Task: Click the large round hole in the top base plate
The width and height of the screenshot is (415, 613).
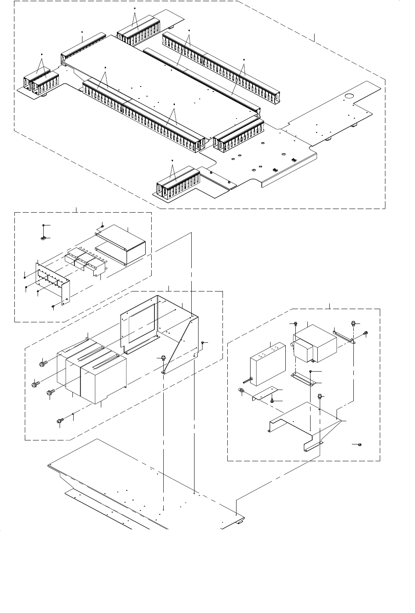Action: pyautogui.click(x=349, y=96)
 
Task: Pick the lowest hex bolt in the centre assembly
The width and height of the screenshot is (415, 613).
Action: pyautogui.click(x=60, y=420)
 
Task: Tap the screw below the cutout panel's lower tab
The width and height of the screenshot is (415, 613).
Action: pyautogui.click(x=53, y=306)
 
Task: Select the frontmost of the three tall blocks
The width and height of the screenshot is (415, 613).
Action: pyautogui.click(x=103, y=380)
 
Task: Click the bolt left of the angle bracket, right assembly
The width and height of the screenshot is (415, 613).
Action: pyautogui.click(x=242, y=391)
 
